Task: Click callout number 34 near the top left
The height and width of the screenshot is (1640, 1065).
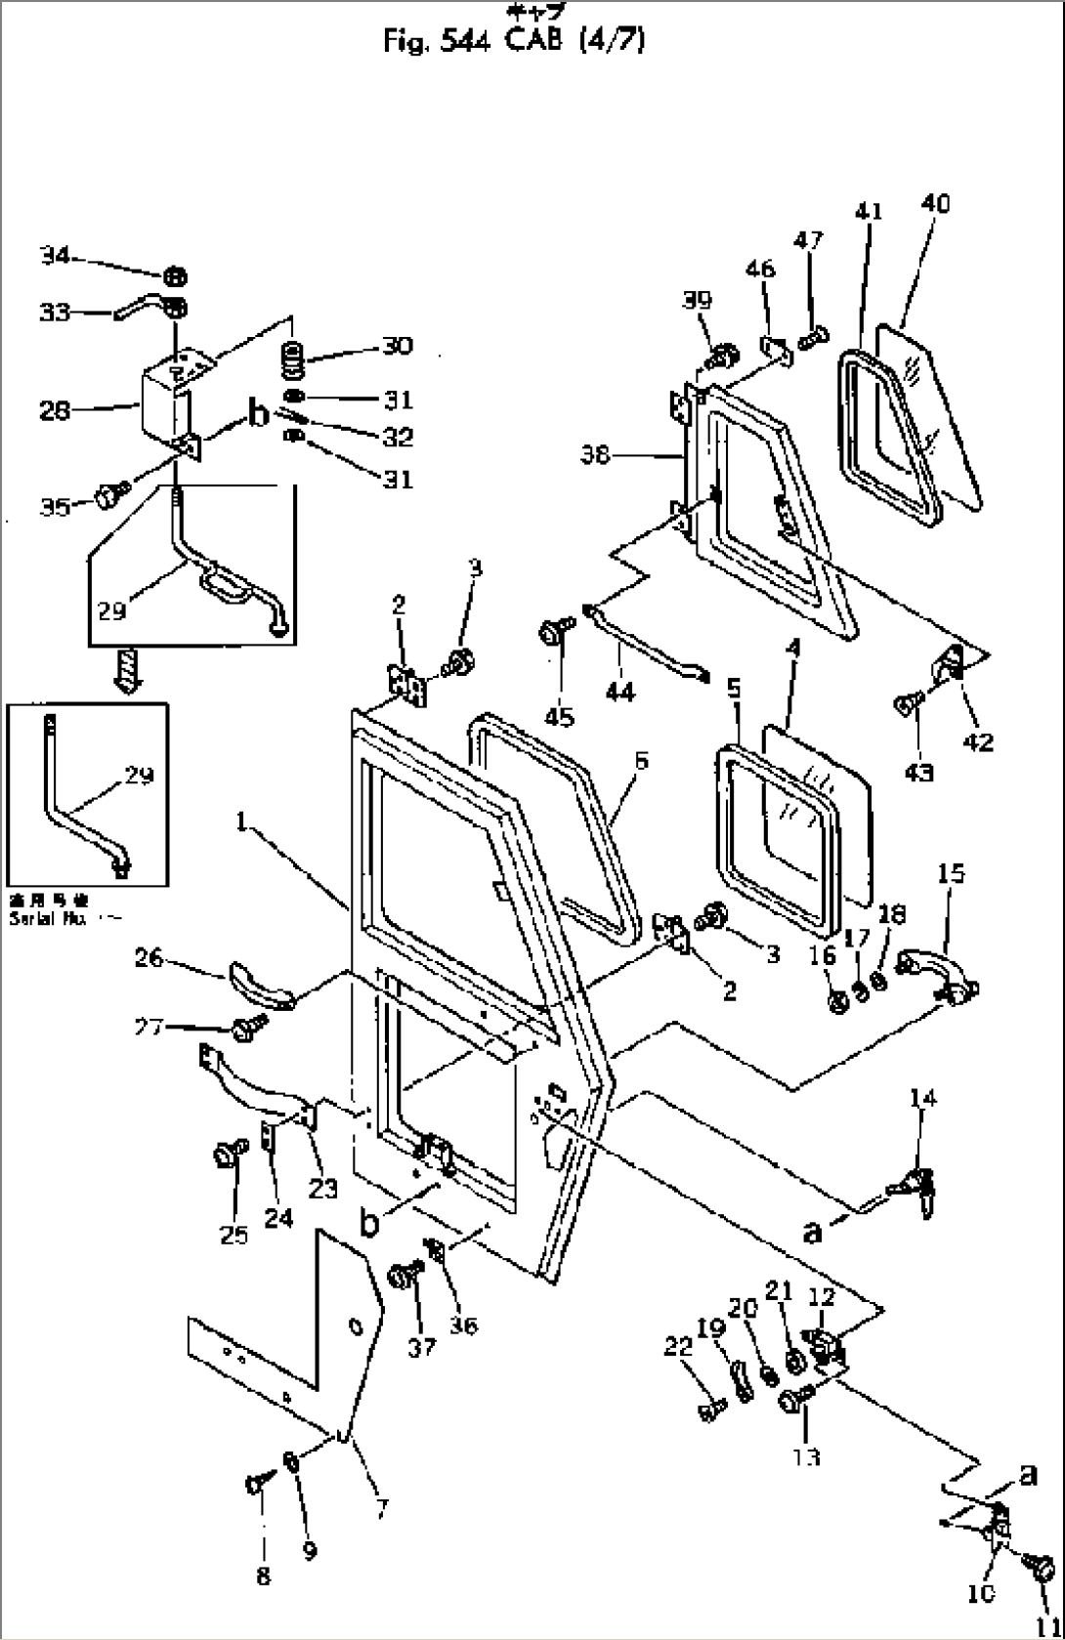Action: coord(55,256)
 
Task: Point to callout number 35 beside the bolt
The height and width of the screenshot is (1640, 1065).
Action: coord(55,506)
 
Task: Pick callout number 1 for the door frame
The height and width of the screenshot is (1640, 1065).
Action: coord(239,823)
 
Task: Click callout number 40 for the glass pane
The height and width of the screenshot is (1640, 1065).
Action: coord(934,203)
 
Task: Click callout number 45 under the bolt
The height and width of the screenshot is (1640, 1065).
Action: coord(560,717)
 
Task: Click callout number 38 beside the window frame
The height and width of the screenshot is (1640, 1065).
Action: coord(595,454)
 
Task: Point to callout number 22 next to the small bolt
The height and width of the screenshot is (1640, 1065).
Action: coord(678,1346)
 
